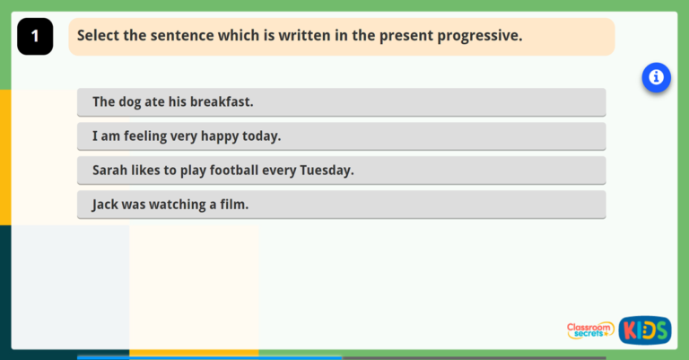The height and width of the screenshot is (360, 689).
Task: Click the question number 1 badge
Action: (35, 37)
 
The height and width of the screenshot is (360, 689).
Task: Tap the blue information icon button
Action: (656, 78)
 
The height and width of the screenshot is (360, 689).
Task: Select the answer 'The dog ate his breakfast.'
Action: (341, 102)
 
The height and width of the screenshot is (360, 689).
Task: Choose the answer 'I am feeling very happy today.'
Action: (341, 136)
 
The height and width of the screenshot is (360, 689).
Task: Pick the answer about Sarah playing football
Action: (341, 171)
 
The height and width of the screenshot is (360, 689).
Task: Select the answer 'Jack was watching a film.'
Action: (341, 205)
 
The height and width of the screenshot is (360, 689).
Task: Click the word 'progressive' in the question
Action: (480, 37)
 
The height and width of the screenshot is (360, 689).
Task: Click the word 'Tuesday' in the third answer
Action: (326, 171)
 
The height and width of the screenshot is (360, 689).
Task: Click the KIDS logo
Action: (644, 329)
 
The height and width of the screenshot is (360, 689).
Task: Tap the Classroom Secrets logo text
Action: (590, 330)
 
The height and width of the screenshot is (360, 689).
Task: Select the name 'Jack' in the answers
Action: (106, 205)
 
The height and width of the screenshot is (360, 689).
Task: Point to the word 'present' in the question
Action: (405, 37)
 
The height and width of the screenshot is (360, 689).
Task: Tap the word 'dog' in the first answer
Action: (130, 102)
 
